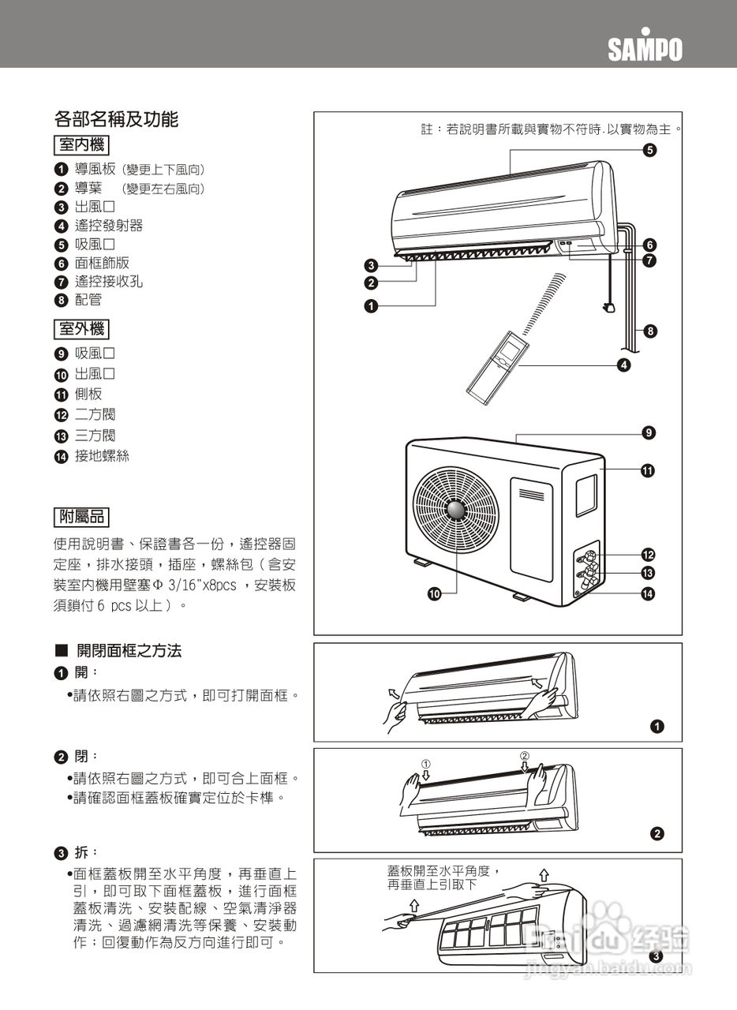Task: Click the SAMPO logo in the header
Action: tap(645, 49)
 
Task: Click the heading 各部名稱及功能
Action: tap(116, 119)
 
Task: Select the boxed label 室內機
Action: tap(81, 145)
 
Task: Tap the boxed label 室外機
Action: tap(81, 328)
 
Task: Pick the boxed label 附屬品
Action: tap(81, 517)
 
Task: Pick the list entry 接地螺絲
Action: tap(101, 455)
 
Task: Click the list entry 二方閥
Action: tap(95, 415)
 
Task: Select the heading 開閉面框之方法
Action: tap(129, 651)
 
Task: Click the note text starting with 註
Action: tap(551, 129)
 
